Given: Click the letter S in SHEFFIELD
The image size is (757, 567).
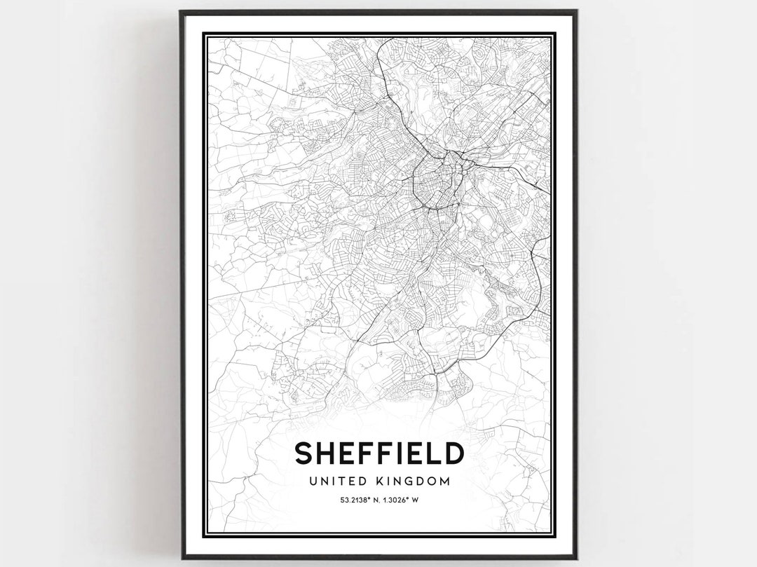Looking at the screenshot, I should point(304,453).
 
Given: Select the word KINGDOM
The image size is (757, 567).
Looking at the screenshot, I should point(414,481).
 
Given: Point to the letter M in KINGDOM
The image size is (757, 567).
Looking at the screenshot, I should point(444,481).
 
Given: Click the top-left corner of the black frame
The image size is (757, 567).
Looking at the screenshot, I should point(182,12).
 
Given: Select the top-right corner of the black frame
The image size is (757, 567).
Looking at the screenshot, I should point(575,12).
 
